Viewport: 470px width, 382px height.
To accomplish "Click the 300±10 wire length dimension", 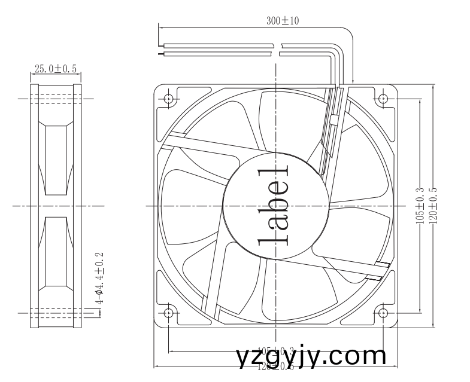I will [283, 20].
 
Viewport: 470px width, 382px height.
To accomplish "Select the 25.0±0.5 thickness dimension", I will [56, 69].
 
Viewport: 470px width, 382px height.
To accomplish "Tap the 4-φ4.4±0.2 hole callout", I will [100, 278].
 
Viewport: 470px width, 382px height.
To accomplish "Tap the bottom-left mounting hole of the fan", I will [168, 313].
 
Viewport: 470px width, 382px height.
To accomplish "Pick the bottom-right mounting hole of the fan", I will [383, 313].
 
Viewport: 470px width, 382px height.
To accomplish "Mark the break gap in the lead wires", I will [280, 49].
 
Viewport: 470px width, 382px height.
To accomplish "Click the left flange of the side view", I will [35, 206].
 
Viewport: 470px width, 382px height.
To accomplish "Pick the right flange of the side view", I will [77, 206].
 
